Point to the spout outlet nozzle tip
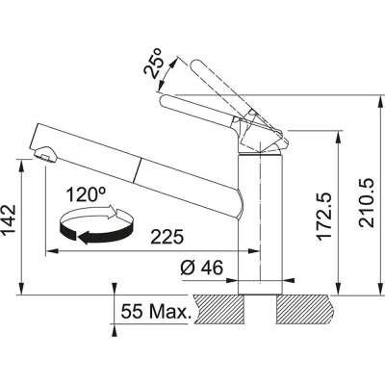pyautogui.click(x=41, y=154)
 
